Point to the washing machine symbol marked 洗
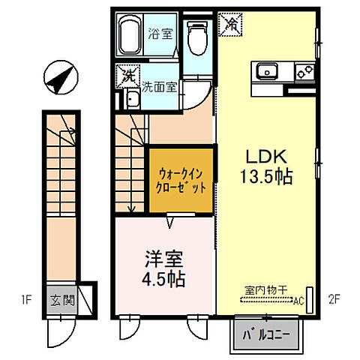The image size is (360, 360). pyautogui.click(x=127, y=75)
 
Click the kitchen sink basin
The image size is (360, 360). pyautogui.click(x=268, y=72)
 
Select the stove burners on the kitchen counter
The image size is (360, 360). pyautogui.click(x=304, y=72)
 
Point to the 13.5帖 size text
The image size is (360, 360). pyautogui.click(x=266, y=178)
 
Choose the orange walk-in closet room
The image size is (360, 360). pyautogui.click(x=181, y=180)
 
